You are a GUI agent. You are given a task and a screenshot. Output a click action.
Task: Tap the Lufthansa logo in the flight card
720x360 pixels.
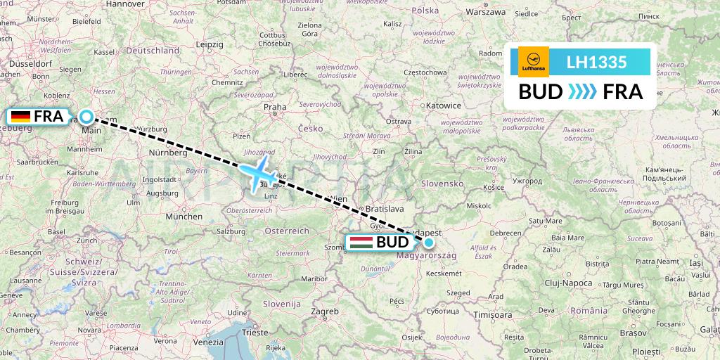(533, 62)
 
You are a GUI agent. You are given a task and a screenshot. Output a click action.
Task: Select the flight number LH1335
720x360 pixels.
(596, 63)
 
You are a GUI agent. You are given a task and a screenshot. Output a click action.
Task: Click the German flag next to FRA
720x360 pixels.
(20, 117)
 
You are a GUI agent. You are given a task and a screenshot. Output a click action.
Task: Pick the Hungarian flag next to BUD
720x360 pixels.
(361, 243)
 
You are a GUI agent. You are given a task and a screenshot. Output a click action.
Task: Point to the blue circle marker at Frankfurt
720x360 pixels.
(86, 117)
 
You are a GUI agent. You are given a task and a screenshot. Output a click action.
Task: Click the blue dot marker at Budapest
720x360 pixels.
(428, 243)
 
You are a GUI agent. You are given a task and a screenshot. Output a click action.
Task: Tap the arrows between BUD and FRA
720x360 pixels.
(581, 91)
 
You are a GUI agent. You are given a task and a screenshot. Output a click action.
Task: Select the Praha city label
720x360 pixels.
(274, 108)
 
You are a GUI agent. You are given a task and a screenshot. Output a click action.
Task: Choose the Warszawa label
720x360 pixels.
(486, 12)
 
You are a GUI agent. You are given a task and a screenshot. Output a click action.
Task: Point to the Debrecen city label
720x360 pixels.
(505, 233)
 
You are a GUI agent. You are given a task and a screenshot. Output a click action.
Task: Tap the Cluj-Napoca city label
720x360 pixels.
(569, 282)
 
